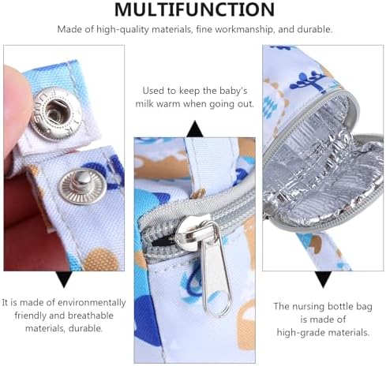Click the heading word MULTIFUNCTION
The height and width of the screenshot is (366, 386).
(194, 10)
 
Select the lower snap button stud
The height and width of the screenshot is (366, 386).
(79, 185)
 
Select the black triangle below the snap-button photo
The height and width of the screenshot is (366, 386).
(63, 278)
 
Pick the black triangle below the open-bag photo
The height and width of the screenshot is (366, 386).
(322, 278)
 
